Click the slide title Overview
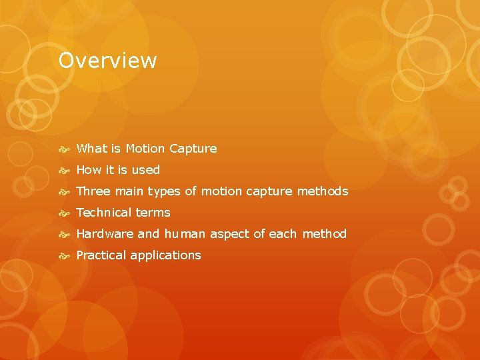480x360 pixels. coord(107,61)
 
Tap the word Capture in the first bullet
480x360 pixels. coord(193,149)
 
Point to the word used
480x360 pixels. coord(145,170)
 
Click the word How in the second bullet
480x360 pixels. coord(89,170)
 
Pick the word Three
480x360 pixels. coord(93,191)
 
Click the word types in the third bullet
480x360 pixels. coord(163,192)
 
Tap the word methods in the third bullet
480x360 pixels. coord(323,191)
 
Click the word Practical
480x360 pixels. coord(101,255)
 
